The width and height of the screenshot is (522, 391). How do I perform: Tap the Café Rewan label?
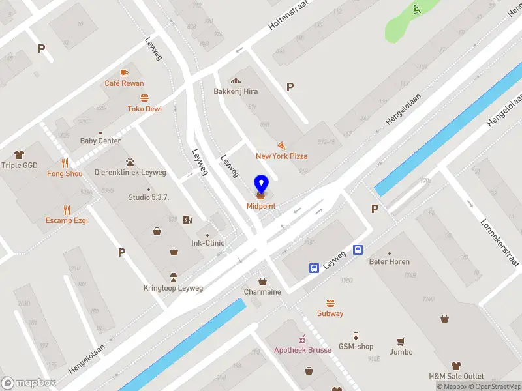[124, 83]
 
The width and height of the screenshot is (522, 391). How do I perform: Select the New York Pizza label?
[281, 156]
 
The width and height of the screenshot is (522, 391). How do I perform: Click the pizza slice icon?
[281, 145]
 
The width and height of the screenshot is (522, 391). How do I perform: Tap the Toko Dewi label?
[144, 109]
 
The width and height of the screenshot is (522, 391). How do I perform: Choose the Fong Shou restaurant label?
[64, 174]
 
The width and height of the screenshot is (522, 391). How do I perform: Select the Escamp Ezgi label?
[67, 220]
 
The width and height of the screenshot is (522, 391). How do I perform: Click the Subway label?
[330, 313]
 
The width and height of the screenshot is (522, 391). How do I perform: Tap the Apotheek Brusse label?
[303, 350]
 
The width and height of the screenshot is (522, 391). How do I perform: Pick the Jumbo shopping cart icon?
[401, 341]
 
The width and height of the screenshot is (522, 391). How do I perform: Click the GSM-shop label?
[356, 347]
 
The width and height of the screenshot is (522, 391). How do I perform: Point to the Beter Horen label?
[390, 262]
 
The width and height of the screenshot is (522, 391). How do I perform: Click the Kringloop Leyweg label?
[173, 288]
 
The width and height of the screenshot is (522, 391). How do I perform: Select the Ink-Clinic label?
[207, 243]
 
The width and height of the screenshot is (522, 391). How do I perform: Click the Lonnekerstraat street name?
[499, 242]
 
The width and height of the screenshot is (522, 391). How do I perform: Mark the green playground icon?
[416, 9]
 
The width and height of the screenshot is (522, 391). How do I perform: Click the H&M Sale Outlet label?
[456, 377]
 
